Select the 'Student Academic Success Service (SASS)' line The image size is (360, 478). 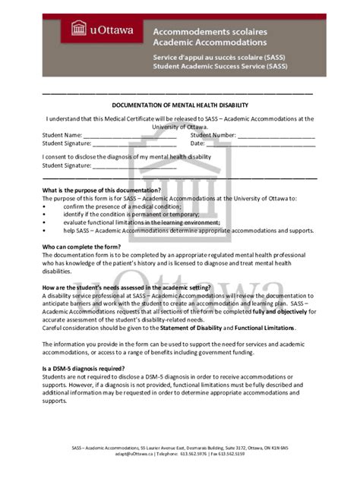(x=220, y=66)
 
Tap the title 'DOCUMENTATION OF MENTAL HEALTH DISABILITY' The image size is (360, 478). (x=180, y=105)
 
